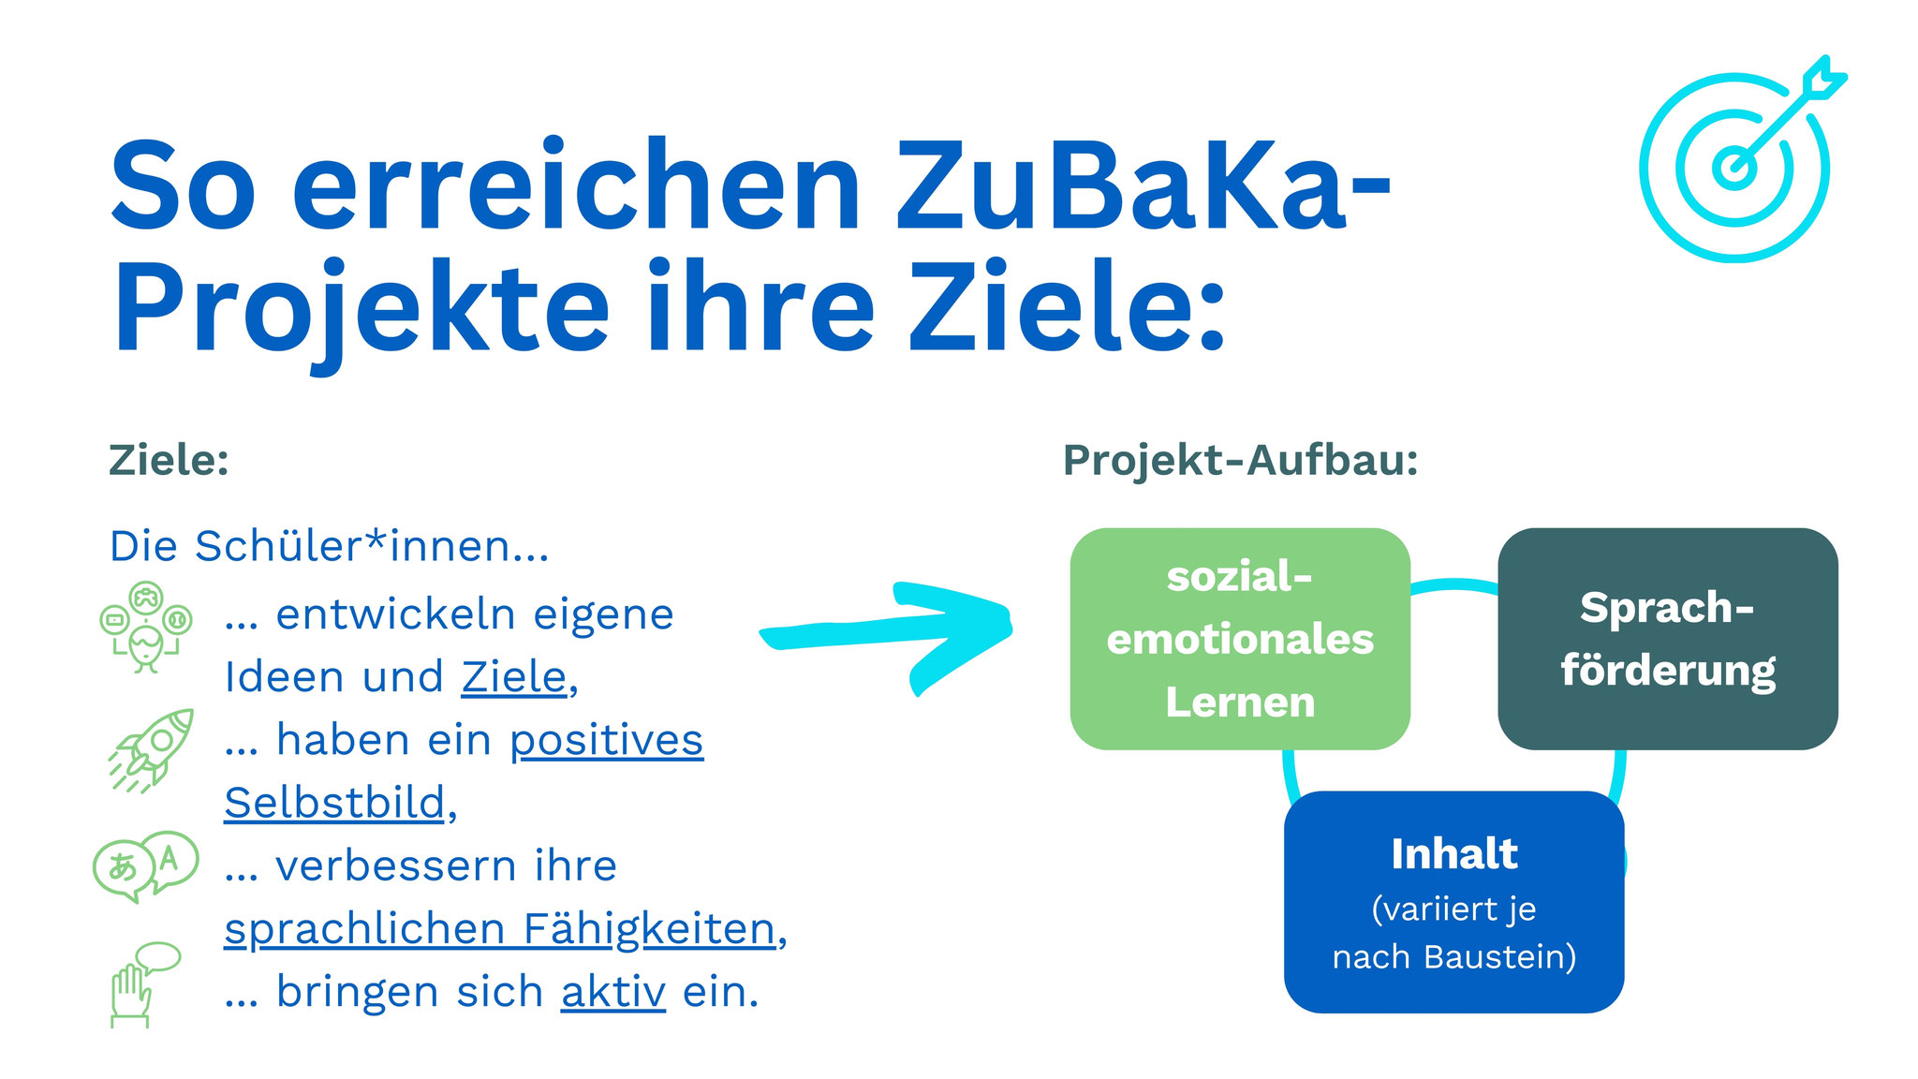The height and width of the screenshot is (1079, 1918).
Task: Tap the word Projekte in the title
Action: [361, 309]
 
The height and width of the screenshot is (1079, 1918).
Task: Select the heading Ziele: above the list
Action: [169, 460]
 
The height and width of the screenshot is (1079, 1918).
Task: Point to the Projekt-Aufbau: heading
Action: [1240, 461]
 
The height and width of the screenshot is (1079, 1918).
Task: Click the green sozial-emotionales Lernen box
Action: [1240, 639]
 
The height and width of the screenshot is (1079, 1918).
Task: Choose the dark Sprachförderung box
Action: [1668, 639]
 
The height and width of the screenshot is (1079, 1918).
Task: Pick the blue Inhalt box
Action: [1453, 901]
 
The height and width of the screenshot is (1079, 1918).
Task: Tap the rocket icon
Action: [152, 750]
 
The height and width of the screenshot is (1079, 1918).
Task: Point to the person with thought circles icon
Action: [146, 627]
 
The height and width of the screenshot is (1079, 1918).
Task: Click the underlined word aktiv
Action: [613, 992]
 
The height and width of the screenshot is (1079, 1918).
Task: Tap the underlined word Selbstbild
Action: [334, 803]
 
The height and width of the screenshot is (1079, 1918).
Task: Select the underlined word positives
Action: [607, 741]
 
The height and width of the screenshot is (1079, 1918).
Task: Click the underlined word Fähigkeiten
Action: [650, 929]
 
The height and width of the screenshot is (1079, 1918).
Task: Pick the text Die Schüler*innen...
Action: [329, 545]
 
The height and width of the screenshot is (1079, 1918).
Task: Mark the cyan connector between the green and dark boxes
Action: [1454, 584]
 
